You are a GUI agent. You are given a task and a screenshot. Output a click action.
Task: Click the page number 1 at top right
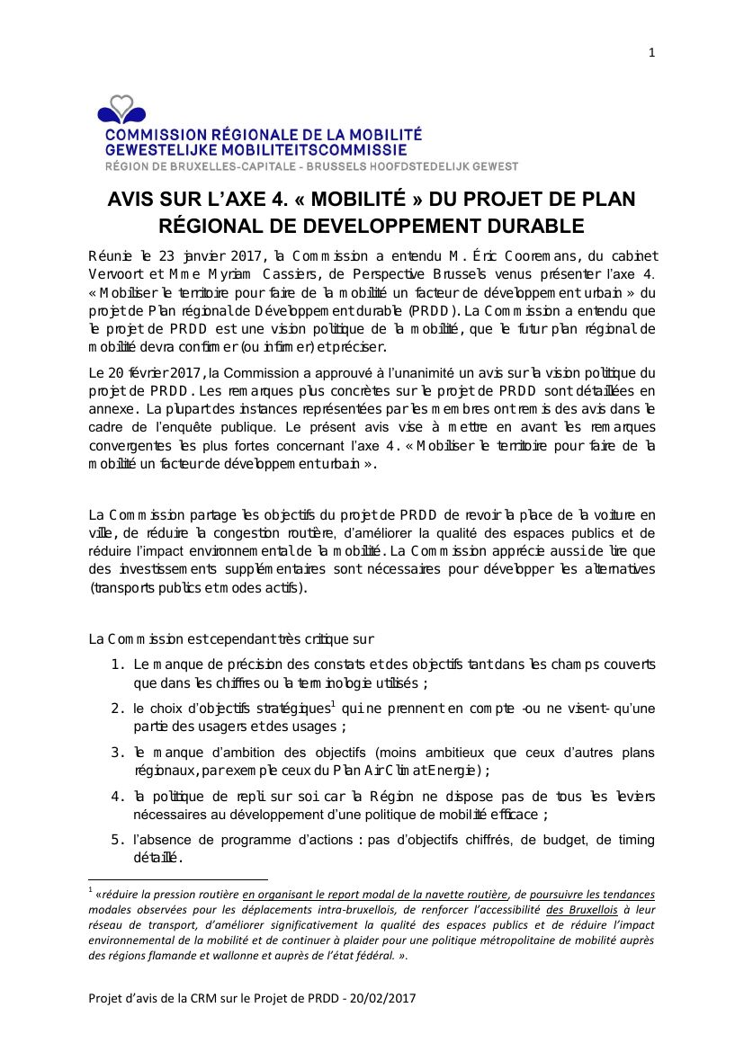click(x=651, y=53)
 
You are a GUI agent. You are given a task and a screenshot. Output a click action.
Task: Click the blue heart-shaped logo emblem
click(x=121, y=111)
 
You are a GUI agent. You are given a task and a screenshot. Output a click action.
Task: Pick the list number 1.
click(x=117, y=664)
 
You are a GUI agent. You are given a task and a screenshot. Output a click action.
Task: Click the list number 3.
click(x=117, y=752)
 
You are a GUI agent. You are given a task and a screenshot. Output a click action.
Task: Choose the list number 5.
click(x=117, y=840)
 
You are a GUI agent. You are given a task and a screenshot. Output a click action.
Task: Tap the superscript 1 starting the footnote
click(x=91, y=890)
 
